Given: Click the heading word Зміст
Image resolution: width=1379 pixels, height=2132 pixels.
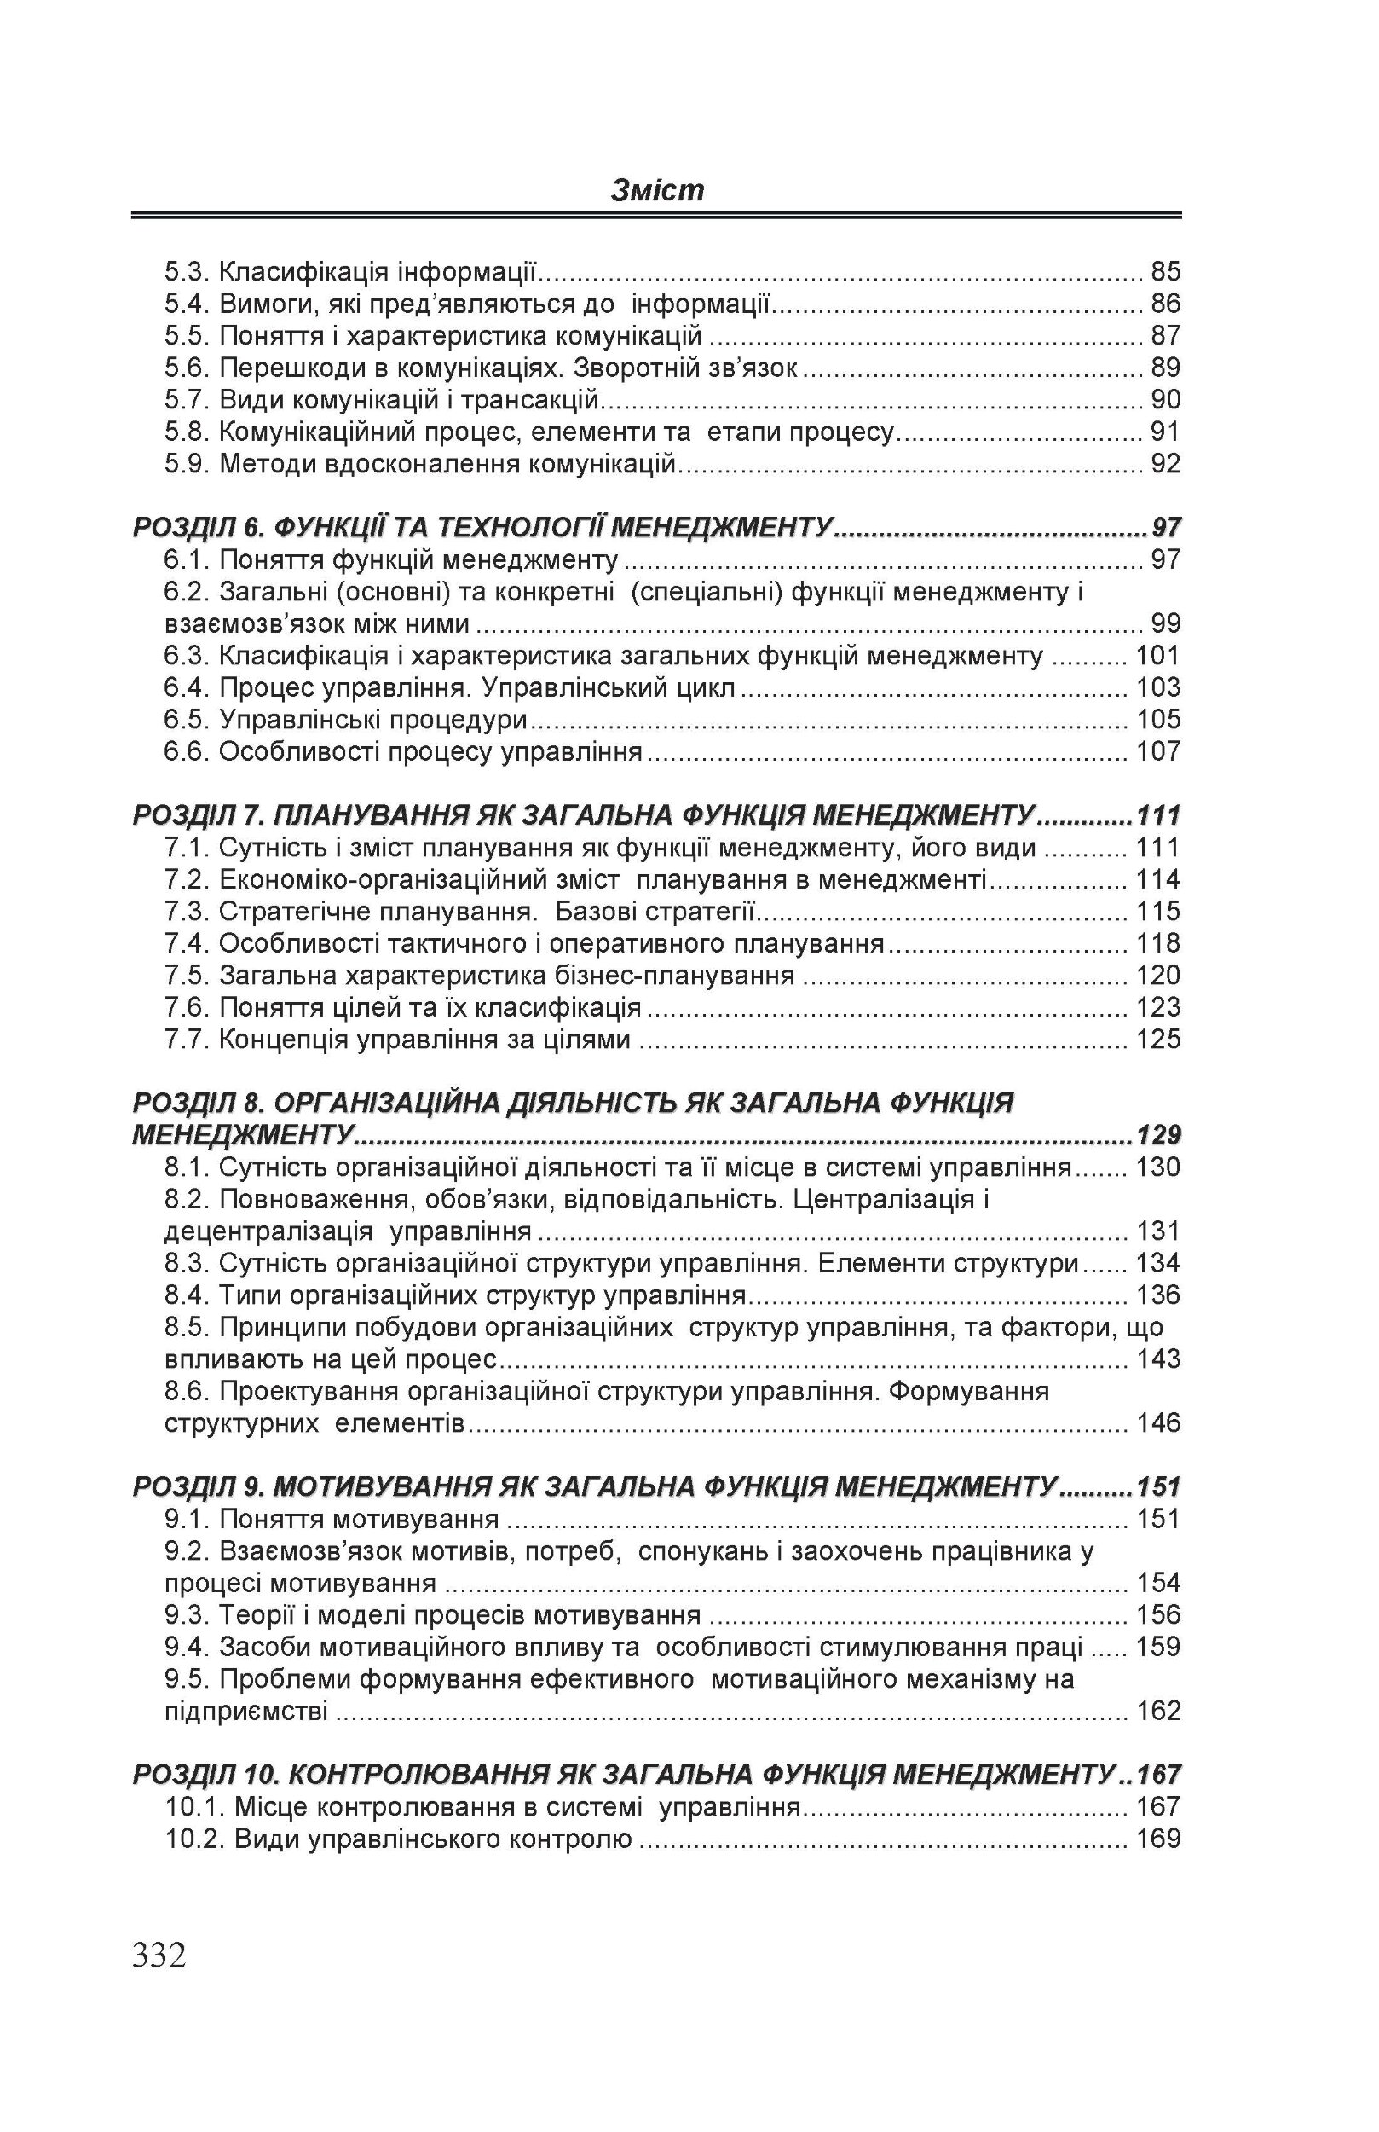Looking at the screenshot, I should (657, 190).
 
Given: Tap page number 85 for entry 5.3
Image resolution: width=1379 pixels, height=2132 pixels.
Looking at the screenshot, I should (1165, 270).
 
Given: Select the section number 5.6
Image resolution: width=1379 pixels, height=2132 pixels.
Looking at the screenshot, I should (187, 368).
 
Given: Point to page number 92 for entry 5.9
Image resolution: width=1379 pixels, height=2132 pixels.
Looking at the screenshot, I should (1165, 463).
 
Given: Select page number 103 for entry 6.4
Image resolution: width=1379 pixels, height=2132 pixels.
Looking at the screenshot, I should (1157, 687).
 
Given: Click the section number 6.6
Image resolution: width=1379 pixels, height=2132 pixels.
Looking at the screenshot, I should (187, 750).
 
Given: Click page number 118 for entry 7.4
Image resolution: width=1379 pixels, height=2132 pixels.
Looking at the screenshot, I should (1157, 942).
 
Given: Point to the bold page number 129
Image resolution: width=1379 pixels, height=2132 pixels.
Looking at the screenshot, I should (1157, 1135).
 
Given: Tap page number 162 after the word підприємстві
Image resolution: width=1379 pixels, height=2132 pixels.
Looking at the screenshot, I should (1157, 1711).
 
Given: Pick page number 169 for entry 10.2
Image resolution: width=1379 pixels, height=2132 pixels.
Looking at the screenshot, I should (1157, 1839).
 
